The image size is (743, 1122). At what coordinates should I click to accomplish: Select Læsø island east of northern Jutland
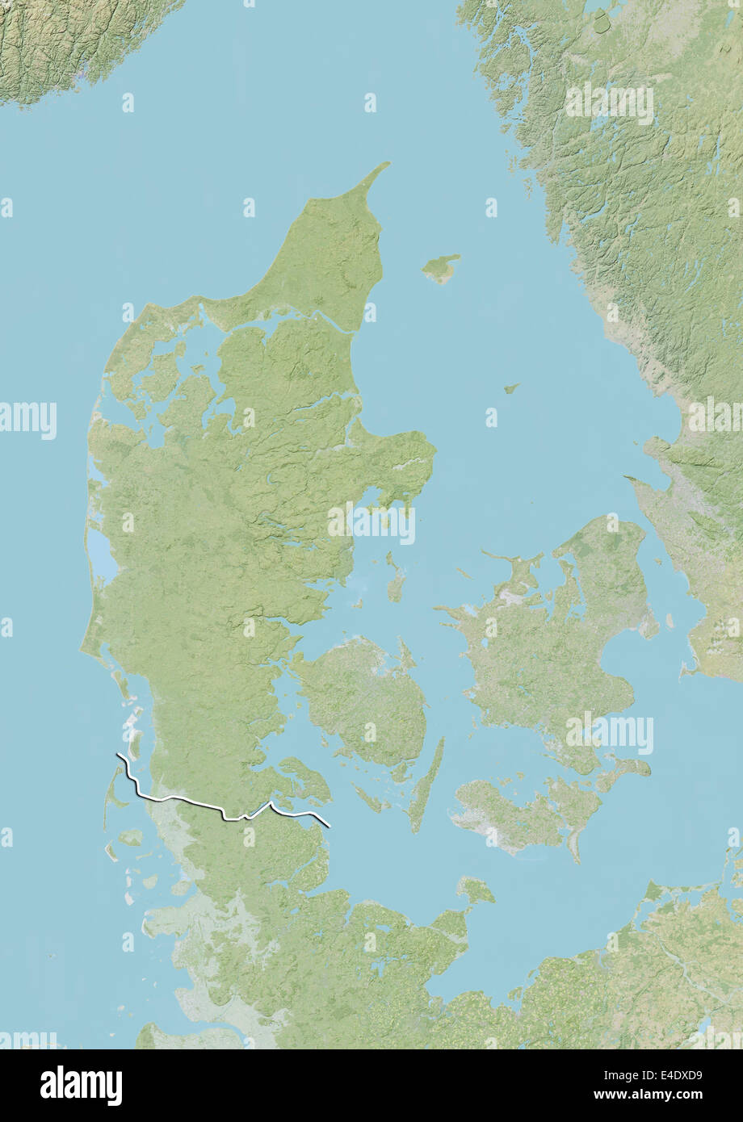tap(441, 268)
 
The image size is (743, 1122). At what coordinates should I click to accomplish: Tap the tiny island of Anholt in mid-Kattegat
tap(510, 388)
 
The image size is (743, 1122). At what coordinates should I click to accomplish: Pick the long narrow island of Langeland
tap(426, 783)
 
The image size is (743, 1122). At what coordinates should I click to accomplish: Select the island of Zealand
tap(549, 646)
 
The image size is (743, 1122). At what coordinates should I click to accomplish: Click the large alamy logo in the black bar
tap(81, 1084)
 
